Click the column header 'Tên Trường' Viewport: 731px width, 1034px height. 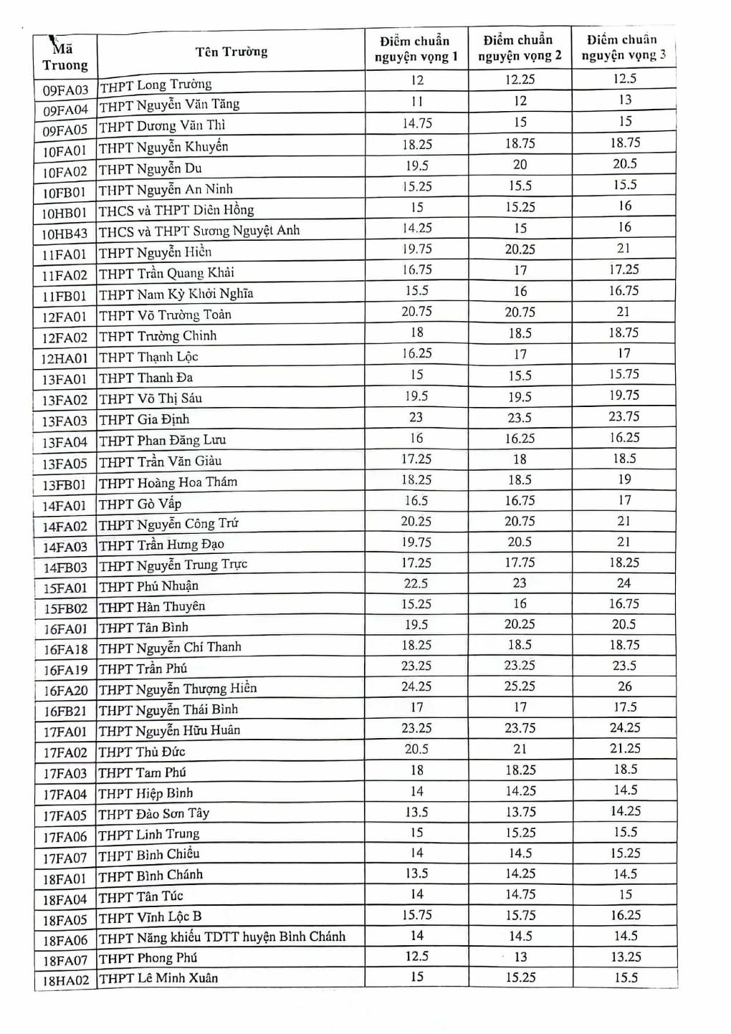(x=231, y=52)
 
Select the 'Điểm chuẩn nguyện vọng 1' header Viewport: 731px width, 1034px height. (x=416, y=49)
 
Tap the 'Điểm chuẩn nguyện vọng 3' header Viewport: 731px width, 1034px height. (x=623, y=47)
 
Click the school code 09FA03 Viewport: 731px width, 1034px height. (x=65, y=90)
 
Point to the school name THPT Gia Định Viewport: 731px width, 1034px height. (x=144, y=419)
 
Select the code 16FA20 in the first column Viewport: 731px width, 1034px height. (x=65, y=691)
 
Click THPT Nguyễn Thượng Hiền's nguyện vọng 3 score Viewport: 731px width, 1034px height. (x=624, y=686)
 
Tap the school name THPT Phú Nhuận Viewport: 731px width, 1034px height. (x=148, y=586)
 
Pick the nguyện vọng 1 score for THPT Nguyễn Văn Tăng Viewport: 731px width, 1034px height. (x=417, y=102)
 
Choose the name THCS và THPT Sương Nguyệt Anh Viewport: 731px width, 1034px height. (x=199, y=231)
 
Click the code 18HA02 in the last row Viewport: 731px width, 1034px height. (x=65, y=980)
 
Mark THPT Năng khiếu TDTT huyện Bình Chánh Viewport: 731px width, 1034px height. (x=222, y=937)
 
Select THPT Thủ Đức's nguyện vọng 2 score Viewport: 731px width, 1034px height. (x=520, y=749)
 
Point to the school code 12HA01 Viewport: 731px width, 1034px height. (x=64, y=358)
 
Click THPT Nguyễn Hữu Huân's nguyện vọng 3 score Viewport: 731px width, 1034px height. (x=624, y=728)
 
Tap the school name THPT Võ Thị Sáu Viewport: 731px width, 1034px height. (x=150, y=398)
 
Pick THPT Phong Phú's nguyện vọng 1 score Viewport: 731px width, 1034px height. (x=416, y=957)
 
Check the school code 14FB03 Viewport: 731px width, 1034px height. (x=65, y=568)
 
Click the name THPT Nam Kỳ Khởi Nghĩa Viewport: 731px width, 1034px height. (x=176, y=294)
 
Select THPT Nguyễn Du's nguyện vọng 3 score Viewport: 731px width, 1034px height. (x=624, y=164)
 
